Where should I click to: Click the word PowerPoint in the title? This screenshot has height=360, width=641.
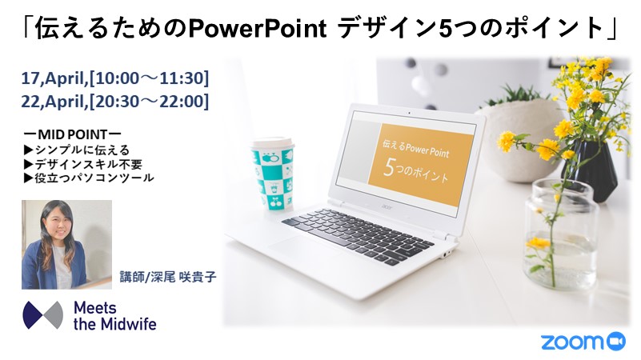258,29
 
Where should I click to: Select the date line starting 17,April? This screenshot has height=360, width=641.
115,78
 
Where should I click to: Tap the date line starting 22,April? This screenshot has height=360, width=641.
115,102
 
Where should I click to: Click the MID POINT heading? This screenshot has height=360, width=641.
72,134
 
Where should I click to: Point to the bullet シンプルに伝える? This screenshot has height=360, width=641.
77,150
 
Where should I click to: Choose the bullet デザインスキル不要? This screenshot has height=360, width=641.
83,164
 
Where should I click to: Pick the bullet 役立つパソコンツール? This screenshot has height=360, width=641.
89,178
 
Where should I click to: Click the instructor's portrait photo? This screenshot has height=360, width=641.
66,244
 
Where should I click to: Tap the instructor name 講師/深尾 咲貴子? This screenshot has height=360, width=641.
167,277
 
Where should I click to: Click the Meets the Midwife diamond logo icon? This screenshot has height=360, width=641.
43,315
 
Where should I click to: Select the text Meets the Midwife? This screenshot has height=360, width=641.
115,315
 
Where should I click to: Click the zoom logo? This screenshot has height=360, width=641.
583,342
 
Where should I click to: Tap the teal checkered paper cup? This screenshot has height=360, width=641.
273,174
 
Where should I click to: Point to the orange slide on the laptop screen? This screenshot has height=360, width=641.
421,166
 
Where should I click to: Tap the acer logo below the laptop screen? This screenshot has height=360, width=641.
387,207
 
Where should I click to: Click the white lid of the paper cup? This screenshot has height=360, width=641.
273,143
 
